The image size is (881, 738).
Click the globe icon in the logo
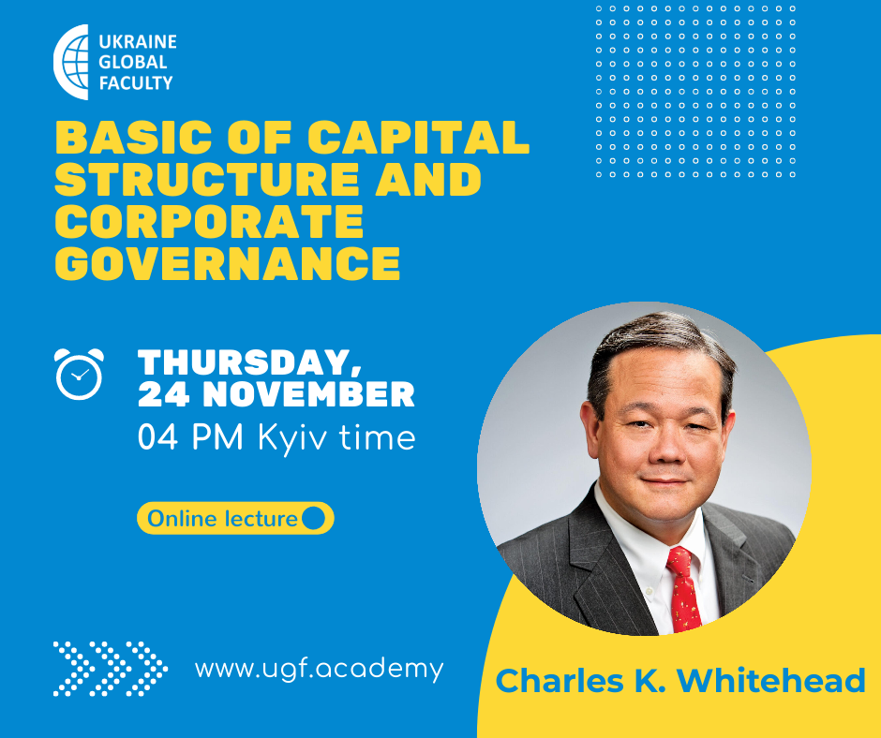[x=71, y=62]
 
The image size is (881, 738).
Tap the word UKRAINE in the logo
[x=138, y=41]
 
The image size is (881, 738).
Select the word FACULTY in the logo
[x=136, y=83]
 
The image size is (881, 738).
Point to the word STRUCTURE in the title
[x=207, y=179]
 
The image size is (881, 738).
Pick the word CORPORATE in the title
[x=209, y=221]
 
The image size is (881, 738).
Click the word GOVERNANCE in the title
[x=228, y=262]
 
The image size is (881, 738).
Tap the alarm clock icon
[x=80, y=374]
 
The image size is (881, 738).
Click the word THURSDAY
[x=249, y=362]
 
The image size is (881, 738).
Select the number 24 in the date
[x=163, y=394]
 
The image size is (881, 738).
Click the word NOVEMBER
[x=308, y=394]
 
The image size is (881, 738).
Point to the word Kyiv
[x=291, y=438]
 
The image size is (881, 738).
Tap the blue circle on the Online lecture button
[x=314, y=518]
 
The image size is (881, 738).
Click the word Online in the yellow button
[x=182, y=519]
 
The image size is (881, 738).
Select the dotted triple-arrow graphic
[x=111, y=669]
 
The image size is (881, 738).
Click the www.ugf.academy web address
[x=320, y=670]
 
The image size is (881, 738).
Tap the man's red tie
[x=683, y=589]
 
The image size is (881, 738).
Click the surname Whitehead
[x=770, y=681]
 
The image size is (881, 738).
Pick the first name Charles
[x=560, y=681]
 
